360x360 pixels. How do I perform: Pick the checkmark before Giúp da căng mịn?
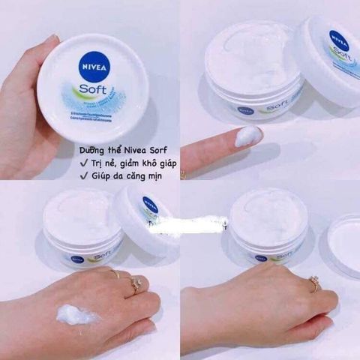click(x=84, y=175)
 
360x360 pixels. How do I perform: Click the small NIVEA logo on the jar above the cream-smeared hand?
click(x=78, y=259)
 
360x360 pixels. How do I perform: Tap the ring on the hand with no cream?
click(x=314, y=282)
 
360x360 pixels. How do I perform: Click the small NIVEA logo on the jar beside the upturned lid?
click(x=260, y=258)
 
